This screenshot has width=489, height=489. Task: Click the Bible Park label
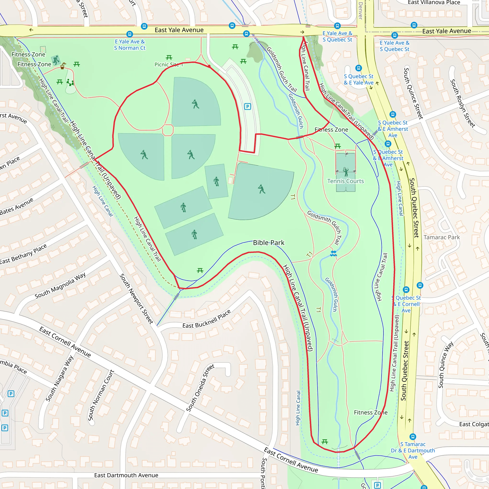[269, 243]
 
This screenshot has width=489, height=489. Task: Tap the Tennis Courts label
[345, 181]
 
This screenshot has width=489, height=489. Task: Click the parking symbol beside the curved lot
[248, 106]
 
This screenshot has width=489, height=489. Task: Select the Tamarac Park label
[442, 237]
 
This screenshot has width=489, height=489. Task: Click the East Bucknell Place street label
[207, 319]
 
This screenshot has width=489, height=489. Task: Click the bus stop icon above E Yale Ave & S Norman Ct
[130, 34]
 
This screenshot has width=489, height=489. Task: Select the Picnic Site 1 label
[169, 64]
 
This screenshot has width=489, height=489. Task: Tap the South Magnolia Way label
[60, 286]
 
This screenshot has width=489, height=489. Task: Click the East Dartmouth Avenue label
[126, 475]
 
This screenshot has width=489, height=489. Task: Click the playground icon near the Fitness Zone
[70, 83]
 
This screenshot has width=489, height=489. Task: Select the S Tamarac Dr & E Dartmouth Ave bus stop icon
[413, 437]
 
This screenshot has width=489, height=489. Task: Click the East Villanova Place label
[434, 3]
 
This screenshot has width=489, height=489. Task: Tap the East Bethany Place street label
[23, 254]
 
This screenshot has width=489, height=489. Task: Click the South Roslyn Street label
[462, 103]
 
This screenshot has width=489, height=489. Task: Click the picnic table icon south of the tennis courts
[325, 442]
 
